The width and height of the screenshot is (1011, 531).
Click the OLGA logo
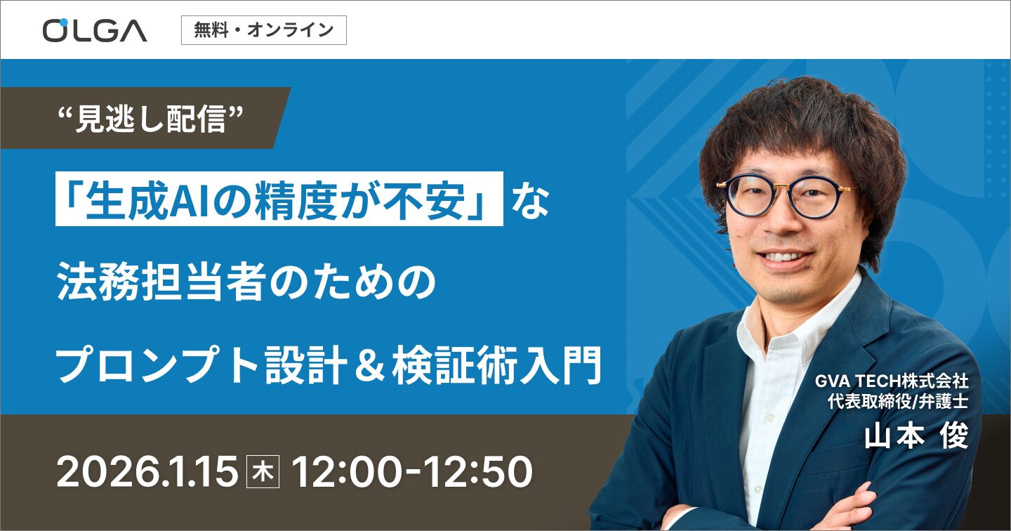coord(95,30)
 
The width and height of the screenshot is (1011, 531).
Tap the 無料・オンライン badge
coord(264,30)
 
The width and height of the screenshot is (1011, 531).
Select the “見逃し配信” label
coord(151,119)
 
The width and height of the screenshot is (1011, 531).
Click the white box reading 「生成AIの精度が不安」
coord(279,199)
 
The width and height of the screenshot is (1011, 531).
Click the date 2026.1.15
coord(147,471)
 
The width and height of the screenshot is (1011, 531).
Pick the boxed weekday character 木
coord(263,472)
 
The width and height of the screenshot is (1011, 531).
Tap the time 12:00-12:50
coord(412,471)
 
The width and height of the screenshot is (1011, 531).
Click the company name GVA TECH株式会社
coord(892,381)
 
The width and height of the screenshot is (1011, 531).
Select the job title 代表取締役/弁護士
coord(898,402)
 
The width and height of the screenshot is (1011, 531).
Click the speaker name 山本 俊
coord(917,435)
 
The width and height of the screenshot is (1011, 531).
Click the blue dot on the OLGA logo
coord(63,21)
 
